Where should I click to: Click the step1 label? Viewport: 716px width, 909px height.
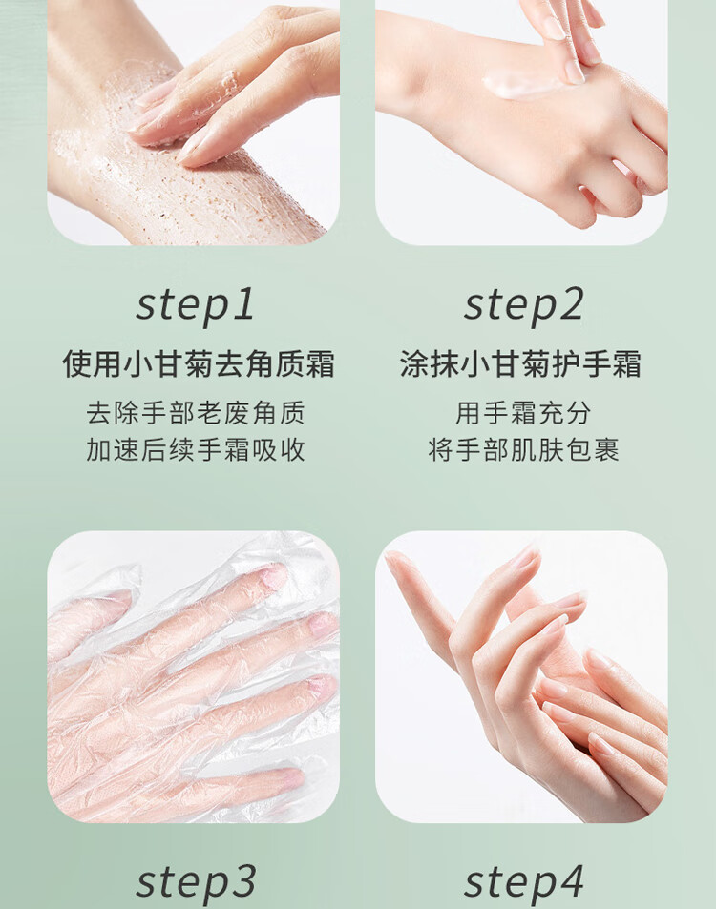(x=196, y=305)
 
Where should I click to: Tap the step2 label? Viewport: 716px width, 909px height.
(x=523, y=305)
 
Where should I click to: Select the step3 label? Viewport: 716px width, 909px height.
(x=196, y=883)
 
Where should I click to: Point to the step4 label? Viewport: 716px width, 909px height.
(x=523, y=883)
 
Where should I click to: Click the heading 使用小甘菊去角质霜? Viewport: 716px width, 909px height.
(x=199, y=364)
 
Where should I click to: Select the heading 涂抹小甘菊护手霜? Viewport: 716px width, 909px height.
(x=520, y=364)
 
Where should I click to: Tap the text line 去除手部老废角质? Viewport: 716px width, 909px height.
(x=196, y=413)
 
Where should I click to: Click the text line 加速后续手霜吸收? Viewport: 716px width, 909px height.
(x=196, y=450)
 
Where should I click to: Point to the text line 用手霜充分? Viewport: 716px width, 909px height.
(x=523, y=413)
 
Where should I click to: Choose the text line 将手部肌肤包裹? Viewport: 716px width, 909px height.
(x=523, y=450)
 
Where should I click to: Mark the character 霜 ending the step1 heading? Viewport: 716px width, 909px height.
(x=320, y=364)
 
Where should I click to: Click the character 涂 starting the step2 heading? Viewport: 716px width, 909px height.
(x=415, y=364)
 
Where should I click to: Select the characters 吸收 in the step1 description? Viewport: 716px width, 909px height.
(x=278, y=450)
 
